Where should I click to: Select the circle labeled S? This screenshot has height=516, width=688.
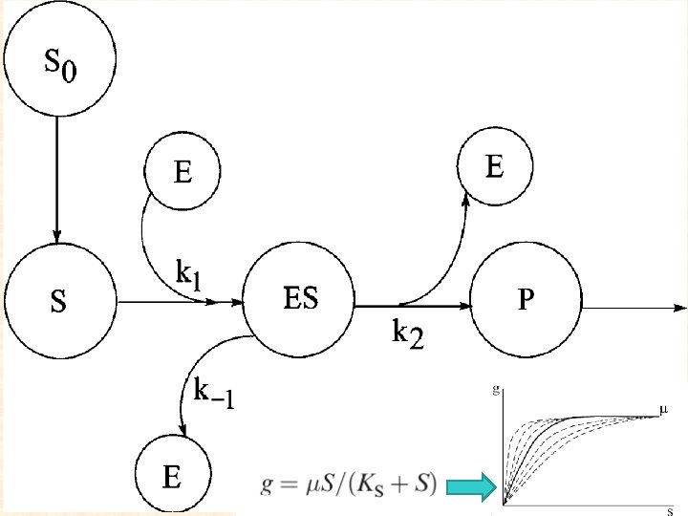coord(59,303)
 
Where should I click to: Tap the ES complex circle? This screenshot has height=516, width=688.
coord(300,303)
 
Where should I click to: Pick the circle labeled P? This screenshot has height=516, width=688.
coord(525,303)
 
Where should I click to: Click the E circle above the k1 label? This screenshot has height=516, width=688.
coord(182,171)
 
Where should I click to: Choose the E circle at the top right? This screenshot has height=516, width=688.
coord(494,168)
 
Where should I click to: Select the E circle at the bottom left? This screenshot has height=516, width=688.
coord(173,475)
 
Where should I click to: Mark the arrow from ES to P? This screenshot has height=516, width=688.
coord(413,307)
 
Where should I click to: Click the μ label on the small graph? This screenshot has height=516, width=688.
coord(663,410)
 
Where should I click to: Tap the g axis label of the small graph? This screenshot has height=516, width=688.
coord(495,388)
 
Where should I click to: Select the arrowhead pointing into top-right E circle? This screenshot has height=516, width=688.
coord(467,199)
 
